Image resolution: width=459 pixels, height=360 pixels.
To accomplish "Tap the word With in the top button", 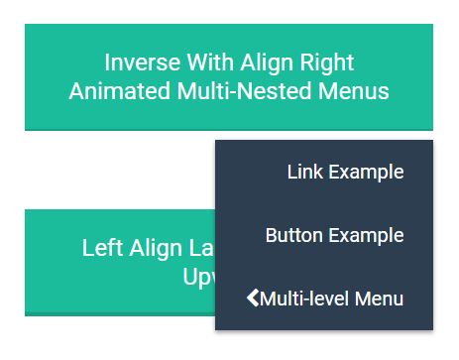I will pyautogui.click(x=204, y=62).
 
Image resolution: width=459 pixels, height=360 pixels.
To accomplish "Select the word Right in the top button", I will pyautogui.click(x=325, y=62).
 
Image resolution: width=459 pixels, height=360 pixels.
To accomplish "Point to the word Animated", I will pyautogui.click(x=114, y=91).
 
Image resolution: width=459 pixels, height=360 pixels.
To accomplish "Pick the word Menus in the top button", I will pyautogui.click(x=353, y=91).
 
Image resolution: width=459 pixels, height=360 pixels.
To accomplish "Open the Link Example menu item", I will pyautogui.click(x=344, y=172).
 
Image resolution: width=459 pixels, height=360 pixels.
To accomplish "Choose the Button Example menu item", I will pyautogui.click(x=334, y=235).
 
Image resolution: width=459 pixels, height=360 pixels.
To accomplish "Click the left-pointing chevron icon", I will pyautogui.click(x=252, y=298).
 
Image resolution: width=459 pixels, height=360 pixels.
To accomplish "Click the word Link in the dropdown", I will pyautogui.click(x=303, y=172).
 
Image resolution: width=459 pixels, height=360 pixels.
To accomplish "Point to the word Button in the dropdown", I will pyautogui.click(x=293, y=235).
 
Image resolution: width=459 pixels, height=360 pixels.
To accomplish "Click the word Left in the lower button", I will pyautogui.click(x=102, y=248).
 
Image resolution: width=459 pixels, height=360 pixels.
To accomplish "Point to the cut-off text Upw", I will pyautogui.click(x=198, y=275).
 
